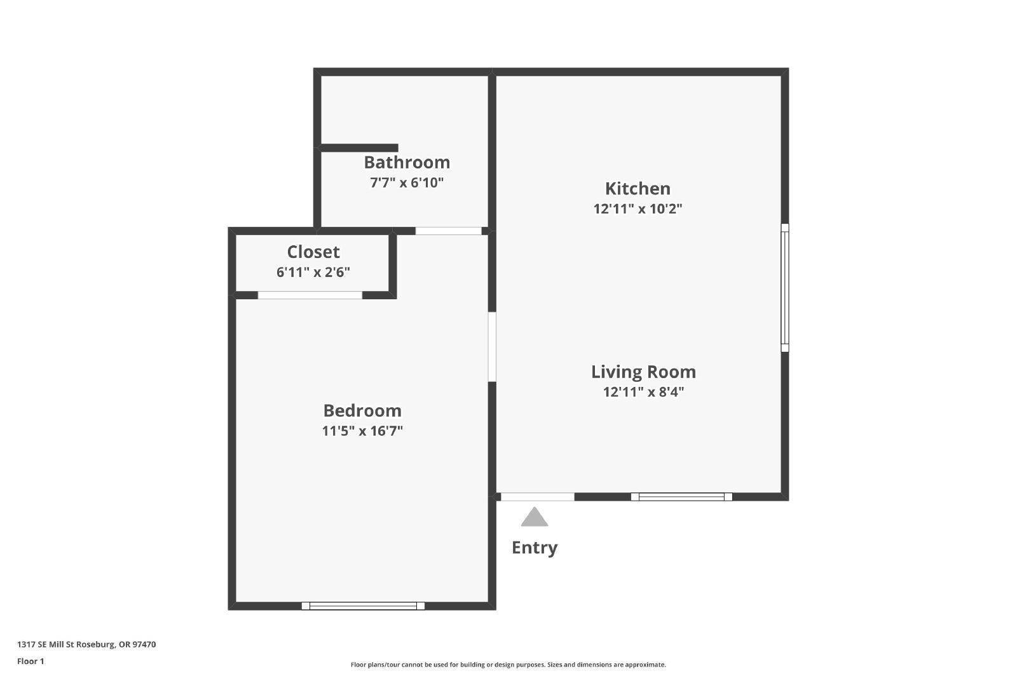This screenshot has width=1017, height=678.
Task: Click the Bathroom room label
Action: (407, 163)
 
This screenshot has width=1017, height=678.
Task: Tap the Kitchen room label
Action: (638, 189)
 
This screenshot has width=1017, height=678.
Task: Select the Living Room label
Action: (643, 372)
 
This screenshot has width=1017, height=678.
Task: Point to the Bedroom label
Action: (362, 410)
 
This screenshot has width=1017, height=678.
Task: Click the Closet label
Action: (313, 252)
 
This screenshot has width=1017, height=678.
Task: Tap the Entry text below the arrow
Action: (535, 548)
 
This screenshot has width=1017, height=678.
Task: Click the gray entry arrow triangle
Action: (535, 518)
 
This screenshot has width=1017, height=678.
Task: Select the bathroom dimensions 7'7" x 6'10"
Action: (407, 183)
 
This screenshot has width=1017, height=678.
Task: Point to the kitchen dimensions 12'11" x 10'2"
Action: (638, 209)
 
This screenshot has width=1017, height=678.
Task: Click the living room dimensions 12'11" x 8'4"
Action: (643, 392)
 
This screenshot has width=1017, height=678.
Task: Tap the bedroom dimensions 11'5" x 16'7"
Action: (362, 431)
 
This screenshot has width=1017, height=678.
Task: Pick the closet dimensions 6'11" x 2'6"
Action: (313, 273)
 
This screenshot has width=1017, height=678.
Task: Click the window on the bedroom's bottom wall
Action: (363, 606)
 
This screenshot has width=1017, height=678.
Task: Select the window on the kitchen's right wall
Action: (785, 288)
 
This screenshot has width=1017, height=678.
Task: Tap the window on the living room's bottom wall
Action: (681, 497)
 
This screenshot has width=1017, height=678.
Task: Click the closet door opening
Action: (310, 295)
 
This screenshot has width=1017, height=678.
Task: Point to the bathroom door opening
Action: (448, 231)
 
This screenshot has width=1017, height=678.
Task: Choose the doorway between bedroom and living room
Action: (492, 346)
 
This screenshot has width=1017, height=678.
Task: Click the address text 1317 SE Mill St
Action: (86, 644)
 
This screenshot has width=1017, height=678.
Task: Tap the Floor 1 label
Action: (31, 661)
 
